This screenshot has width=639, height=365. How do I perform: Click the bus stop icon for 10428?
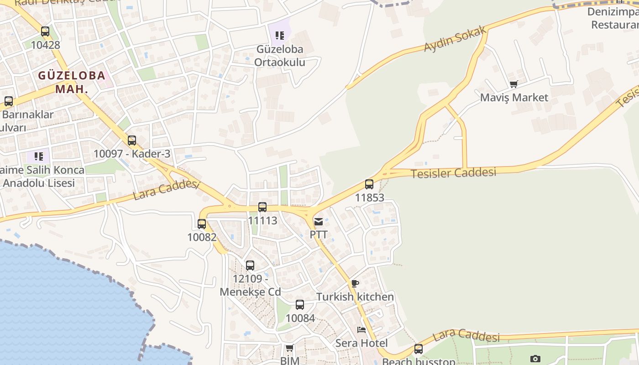45,31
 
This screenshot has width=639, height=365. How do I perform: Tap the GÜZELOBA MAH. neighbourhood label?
72,82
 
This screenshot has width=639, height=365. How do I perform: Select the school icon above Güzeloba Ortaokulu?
280,35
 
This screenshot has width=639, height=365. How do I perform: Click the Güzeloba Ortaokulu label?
280,55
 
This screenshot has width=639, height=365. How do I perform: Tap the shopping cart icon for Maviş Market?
514,84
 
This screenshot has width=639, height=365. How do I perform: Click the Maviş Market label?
514,97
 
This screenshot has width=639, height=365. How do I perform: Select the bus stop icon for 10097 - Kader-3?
132,141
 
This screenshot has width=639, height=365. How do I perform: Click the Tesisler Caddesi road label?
453,173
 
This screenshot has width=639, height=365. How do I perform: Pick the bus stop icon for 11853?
369,184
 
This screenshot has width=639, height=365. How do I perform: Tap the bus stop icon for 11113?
262,207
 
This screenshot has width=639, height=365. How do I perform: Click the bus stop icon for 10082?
202,224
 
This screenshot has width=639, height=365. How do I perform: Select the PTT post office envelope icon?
319,222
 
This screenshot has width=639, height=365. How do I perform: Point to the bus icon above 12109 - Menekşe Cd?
250,266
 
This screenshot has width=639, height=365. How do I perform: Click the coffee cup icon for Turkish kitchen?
355,283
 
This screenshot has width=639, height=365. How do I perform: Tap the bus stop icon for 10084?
300,305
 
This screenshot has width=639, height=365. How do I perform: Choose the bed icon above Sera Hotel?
361,330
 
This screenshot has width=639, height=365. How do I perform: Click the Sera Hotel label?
361,343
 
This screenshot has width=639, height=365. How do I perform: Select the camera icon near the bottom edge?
535,359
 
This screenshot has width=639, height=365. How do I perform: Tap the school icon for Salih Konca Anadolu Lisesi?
39,156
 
